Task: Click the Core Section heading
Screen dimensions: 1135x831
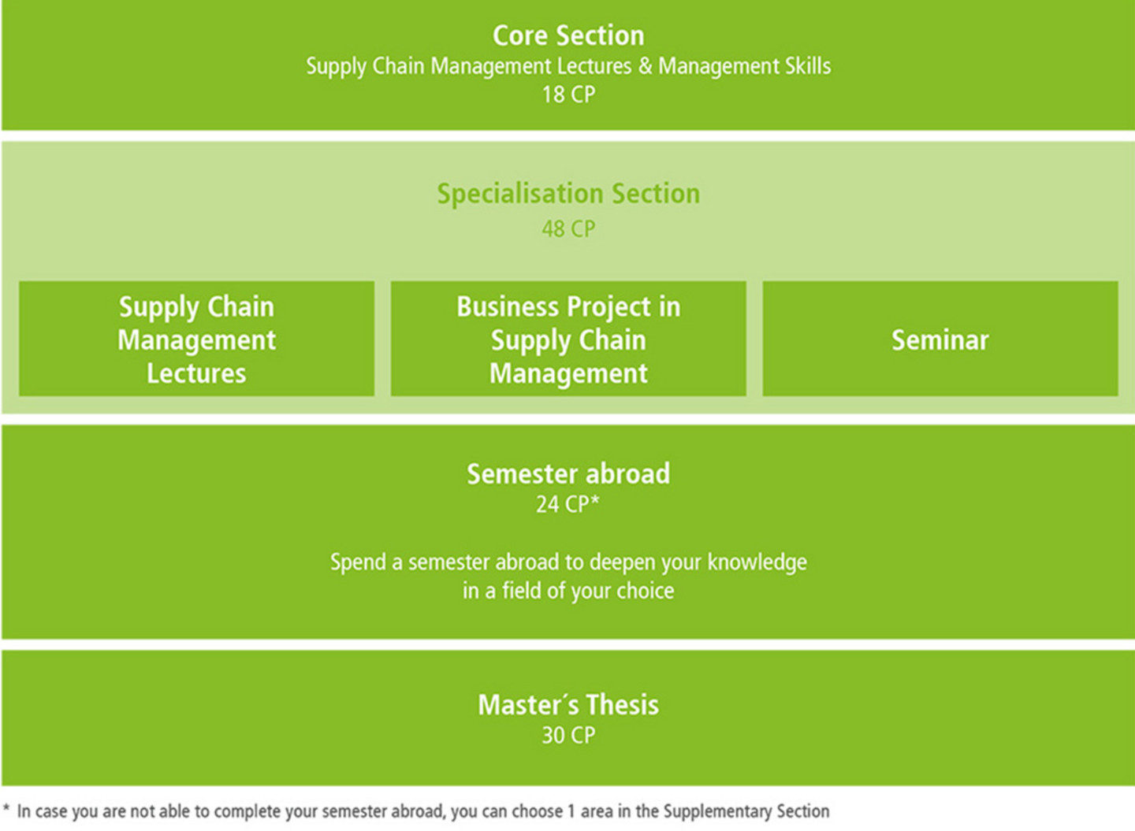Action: [x=568, y=35]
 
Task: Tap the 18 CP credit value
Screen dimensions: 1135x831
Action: [x=568, y=95]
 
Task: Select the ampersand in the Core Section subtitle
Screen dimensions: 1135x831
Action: [x=645, y=66]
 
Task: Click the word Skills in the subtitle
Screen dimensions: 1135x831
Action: [x=808, y=66]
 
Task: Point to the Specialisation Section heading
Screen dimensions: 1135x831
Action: [x=568, y=194]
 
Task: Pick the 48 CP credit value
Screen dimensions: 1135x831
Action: [x=568, y=229]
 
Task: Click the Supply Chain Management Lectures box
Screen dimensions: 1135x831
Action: [x=196, y=339]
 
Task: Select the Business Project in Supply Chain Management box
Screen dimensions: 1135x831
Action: [x=568, y=339]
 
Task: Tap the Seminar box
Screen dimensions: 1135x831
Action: [x=940, y=339]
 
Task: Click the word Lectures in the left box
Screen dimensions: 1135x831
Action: [x=196, y=373]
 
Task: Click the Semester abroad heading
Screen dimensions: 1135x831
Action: [x=568, y=474]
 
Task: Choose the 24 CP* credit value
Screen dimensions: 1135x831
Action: [x=568, y=504]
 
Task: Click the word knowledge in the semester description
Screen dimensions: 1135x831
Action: [x=757, y=562]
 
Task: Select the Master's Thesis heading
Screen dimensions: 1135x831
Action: [x=568, y=705]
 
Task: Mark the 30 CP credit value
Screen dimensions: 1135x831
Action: [x=568, y=735]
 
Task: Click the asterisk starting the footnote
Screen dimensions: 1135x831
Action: [x=6, y=807]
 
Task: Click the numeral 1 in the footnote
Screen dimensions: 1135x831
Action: [x=571, y=811]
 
